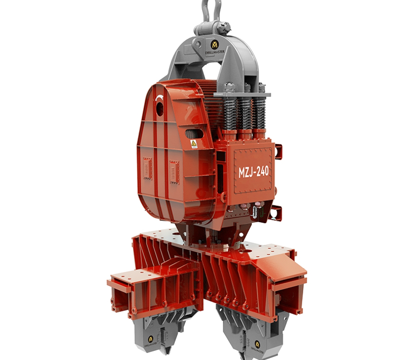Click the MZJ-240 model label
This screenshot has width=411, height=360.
pyautogui.click(x=253, y=171)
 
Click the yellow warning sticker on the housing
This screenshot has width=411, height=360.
pyautogui.click(x=194, y=144)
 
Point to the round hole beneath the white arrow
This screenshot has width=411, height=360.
pyautogui.click(x=160, y=109)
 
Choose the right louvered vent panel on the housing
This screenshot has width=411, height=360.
pyautogui.click(x=174, y=172)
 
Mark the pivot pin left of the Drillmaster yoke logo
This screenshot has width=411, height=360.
pyautogui.click(x=197, y=44)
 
